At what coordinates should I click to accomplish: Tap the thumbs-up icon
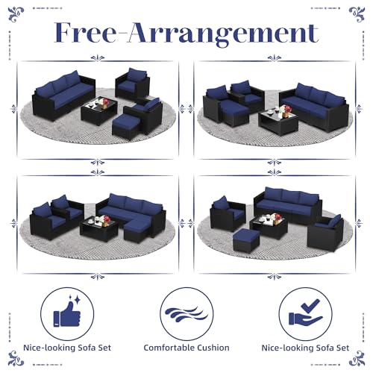pyautogui.click(x=67, y=315)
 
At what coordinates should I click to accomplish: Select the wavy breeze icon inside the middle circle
pyautogui.click(x=186, y=314)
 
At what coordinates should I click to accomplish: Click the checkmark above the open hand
pyautogui.click(x=310, y=306)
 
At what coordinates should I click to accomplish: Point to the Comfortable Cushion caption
pyautogui.click(x=186, y=348)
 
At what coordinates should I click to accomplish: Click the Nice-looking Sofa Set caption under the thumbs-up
pyautogui.click(x=67, y=348)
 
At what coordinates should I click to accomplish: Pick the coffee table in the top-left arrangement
pyautogui.click(x=99, y=110)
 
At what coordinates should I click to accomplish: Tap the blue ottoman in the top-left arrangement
pyautogui.click(x=126, y=127)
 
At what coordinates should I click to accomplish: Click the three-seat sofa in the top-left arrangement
pyautogui.click(x=63, y=95)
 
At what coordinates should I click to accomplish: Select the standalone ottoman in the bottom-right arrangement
pyautogui.click(x=246, y=240)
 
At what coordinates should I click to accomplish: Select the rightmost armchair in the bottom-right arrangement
pyautogui.click(x=326, y=233)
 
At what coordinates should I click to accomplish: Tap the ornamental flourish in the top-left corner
pyautogui.click(x=16, y=14)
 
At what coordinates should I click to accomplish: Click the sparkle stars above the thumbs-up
pyautogui.click(x=75, y=299)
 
